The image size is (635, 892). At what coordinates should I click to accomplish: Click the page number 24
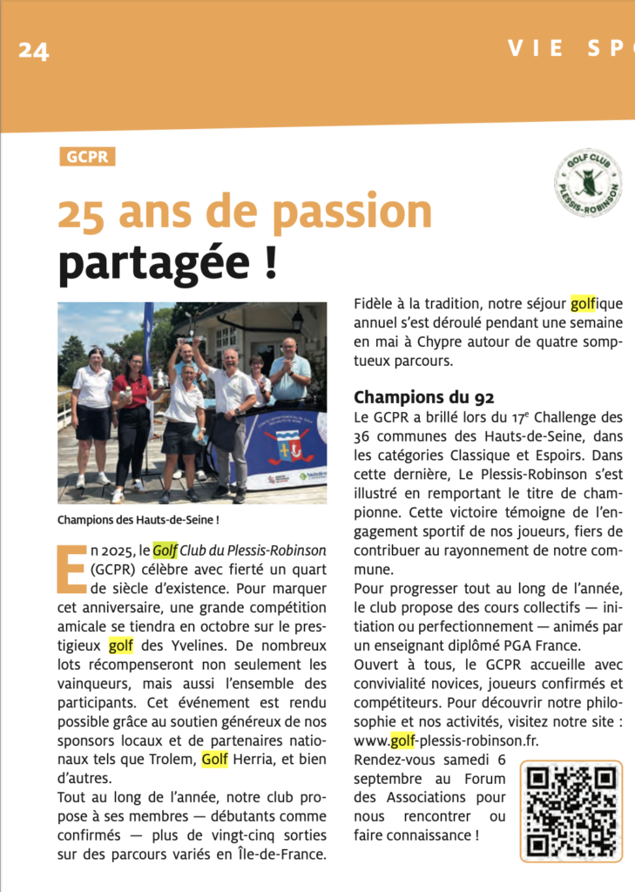coord(34,50)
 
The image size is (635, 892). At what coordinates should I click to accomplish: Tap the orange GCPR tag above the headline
coord(86,157)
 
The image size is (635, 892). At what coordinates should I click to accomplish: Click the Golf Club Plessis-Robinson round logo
coord(588,183)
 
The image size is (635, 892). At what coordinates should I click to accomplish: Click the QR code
coord(571,810)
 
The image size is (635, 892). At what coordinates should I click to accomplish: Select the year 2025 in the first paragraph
coord(114,551)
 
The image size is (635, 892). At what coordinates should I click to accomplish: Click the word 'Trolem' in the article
coord(172,760)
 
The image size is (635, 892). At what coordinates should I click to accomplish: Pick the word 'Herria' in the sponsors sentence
coord(259,760)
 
